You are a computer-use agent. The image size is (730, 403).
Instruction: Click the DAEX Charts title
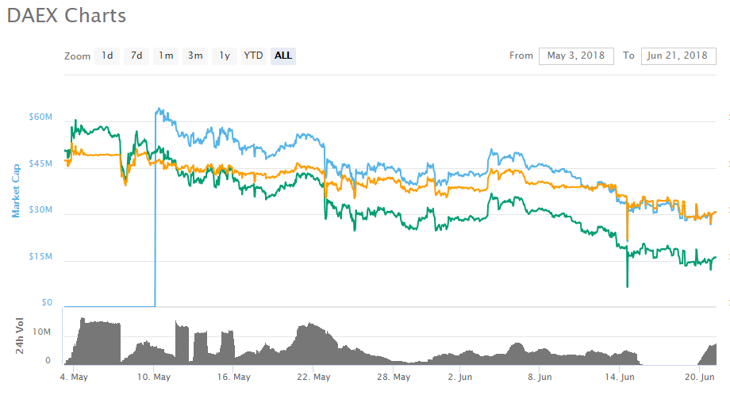click(67, 16)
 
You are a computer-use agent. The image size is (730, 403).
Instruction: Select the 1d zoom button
click(106, 56)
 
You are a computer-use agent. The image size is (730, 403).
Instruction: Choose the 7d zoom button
click(136, 56)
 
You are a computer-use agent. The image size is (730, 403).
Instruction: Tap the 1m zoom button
click(166, 56)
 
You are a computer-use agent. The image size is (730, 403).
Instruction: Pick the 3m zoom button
click(195, 56)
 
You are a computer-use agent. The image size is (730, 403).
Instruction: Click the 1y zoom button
click(225, 56)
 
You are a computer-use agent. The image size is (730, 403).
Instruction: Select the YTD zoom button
click(253, 56)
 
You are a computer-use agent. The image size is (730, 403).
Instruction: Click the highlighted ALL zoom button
click(283, 56)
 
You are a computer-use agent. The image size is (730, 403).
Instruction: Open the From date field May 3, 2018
click(576, 56)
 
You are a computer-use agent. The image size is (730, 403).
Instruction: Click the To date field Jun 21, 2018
click(677, 56)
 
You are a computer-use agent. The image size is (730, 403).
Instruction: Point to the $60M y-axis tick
click(40, 117)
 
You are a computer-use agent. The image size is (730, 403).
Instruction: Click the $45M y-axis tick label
click(40, 164)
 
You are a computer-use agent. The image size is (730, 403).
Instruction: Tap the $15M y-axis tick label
click(40, 257)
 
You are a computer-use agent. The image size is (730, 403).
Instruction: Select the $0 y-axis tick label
click(46, 303)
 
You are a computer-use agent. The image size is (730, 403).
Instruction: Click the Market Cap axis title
click(15, 190)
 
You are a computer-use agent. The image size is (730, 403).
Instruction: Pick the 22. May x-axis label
click(315, 377)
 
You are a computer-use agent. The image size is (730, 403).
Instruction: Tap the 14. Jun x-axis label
click(621, 377)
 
